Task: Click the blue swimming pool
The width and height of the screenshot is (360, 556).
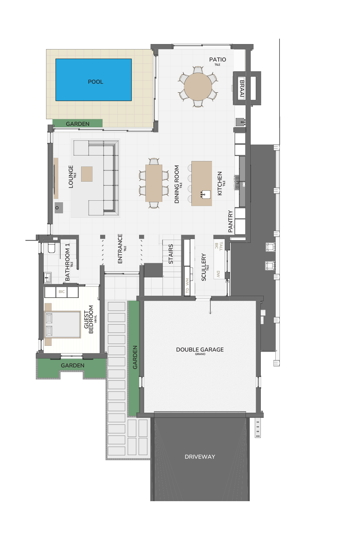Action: coord(93,80)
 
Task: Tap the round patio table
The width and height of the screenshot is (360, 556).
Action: coord(198,87)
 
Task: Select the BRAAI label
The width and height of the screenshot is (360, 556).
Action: coord(242,88)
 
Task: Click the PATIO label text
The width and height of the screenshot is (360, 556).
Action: coord(217,60)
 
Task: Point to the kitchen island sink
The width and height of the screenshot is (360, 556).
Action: coord(206,194)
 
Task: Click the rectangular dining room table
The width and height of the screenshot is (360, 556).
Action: coord(154,183)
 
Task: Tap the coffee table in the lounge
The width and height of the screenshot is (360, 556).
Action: coord(87,174)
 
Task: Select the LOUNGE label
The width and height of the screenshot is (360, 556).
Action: coord(71,177)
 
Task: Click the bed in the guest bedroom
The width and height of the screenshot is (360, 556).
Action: coord(62,324)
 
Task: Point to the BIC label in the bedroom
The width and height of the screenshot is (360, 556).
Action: coord(61,292)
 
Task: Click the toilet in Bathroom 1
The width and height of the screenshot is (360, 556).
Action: coord(51,248)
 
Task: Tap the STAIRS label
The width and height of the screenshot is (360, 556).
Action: coord(171,254)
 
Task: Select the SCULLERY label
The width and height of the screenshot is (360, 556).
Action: coord(204,267)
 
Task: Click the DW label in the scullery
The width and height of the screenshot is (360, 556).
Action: coord(218,274)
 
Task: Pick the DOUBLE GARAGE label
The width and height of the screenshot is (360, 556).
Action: coord(200,350)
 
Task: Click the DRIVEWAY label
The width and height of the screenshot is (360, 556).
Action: coord(200,457)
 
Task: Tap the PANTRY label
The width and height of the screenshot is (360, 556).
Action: coord(230,221)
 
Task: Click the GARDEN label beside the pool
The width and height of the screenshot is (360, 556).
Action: coord(78,124)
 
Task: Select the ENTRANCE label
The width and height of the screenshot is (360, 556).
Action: coord(120,249)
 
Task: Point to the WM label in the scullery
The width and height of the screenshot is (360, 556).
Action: coord(187,281)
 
